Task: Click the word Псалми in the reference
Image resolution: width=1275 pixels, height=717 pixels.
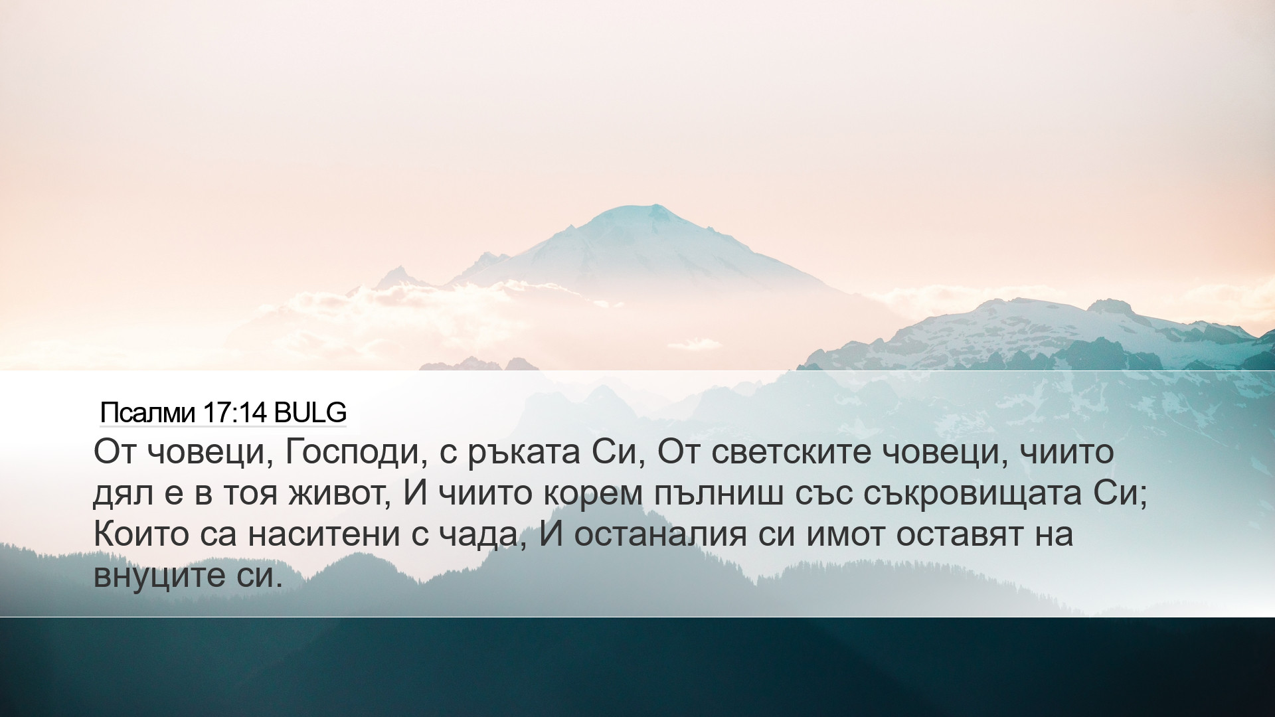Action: coord(147,413)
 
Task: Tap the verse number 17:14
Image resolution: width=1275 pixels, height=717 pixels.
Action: coord(234,413)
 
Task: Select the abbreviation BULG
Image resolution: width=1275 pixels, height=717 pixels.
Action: coord(310,413)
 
